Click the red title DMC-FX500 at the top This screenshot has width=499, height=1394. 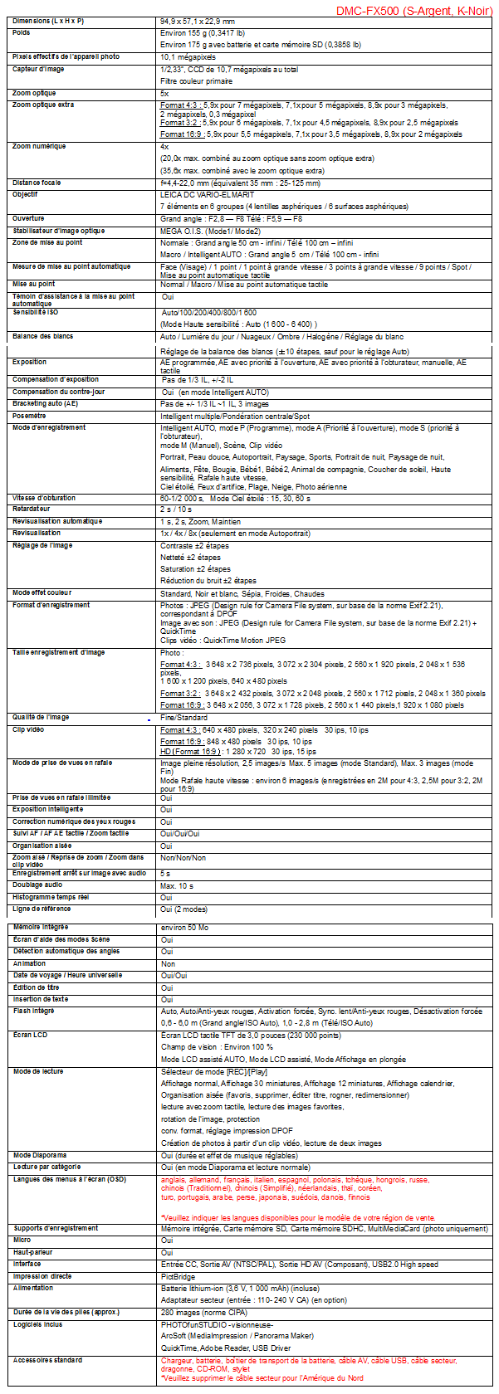414,12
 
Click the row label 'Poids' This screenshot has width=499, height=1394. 22,32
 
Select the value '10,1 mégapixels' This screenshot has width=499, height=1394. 188,57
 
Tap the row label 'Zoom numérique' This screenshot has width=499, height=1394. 39,146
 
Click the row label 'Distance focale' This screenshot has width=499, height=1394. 37,183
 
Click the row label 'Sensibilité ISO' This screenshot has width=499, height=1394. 36,312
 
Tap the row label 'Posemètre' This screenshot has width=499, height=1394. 29,416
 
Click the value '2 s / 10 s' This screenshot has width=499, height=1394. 178,509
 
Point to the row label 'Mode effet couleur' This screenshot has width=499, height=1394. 42,592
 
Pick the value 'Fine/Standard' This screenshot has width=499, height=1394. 183,718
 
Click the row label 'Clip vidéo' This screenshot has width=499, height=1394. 28,729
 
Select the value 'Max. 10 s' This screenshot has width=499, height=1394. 178,885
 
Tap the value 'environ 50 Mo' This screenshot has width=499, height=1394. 184,928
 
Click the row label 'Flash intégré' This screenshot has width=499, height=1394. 34,1011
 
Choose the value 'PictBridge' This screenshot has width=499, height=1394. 178,1276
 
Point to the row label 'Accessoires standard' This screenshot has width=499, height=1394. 47,1360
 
